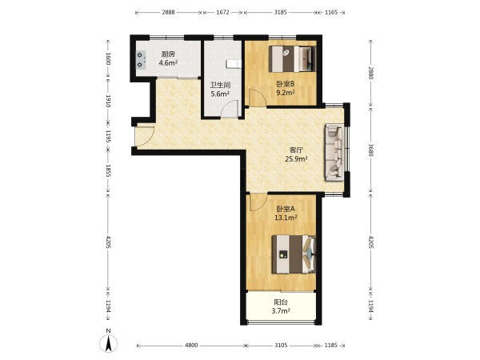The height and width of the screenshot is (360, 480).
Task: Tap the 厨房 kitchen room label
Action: [168, 54]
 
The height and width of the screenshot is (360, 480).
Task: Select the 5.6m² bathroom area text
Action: [220, 94]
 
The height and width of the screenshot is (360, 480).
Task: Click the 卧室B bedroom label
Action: [286, 83]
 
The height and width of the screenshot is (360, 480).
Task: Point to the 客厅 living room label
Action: [296, 150]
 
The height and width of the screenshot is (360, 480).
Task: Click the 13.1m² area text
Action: [286, 218]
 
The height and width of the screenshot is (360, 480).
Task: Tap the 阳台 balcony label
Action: [281, 302]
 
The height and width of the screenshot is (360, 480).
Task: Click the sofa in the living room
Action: [334, 152]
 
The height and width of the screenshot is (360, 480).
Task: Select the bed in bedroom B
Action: [292, 58]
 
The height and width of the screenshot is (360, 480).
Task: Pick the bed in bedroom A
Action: [294, 254]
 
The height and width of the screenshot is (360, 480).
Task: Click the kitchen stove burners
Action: [141, 60]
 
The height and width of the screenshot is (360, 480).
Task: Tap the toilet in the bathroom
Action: [234, 64]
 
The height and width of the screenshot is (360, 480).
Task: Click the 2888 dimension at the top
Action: [168, 12]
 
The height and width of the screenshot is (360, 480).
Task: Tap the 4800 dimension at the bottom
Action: [191, 346]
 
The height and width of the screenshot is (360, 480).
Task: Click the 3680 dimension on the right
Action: [370, 150]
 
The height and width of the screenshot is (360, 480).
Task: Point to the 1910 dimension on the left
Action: [108, 101]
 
